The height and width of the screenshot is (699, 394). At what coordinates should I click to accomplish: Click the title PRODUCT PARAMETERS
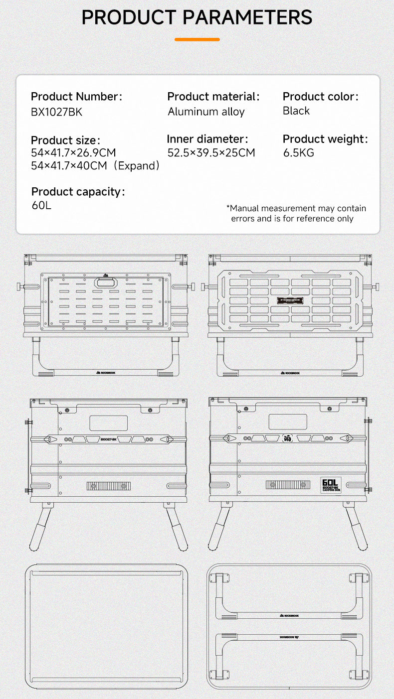(197, 17)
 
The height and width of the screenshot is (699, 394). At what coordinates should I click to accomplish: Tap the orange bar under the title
(197, 39)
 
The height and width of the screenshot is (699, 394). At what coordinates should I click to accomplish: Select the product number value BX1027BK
(56, 112)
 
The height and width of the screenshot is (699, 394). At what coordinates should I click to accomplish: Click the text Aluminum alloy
(206, 112)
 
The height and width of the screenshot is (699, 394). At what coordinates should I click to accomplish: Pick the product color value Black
(296, 111)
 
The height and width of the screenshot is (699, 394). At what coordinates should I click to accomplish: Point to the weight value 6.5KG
(299, 153)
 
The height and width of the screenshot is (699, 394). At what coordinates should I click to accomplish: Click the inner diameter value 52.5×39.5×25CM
(211, 153)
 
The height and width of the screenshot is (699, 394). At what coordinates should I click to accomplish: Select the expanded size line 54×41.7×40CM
(95, 166)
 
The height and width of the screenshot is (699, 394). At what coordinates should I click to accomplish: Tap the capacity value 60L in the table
(41, 205)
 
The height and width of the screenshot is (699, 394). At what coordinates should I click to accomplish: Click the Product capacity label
(78, 192)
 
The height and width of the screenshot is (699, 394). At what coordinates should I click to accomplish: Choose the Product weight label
(325, 140)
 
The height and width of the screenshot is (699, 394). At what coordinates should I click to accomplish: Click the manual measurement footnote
(296, 213)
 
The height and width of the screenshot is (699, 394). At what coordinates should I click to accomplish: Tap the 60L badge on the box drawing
(330, 485)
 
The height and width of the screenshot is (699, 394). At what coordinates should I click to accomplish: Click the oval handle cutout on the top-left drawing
(105, 282)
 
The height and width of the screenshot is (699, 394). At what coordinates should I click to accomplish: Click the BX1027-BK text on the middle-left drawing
(108, 439)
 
